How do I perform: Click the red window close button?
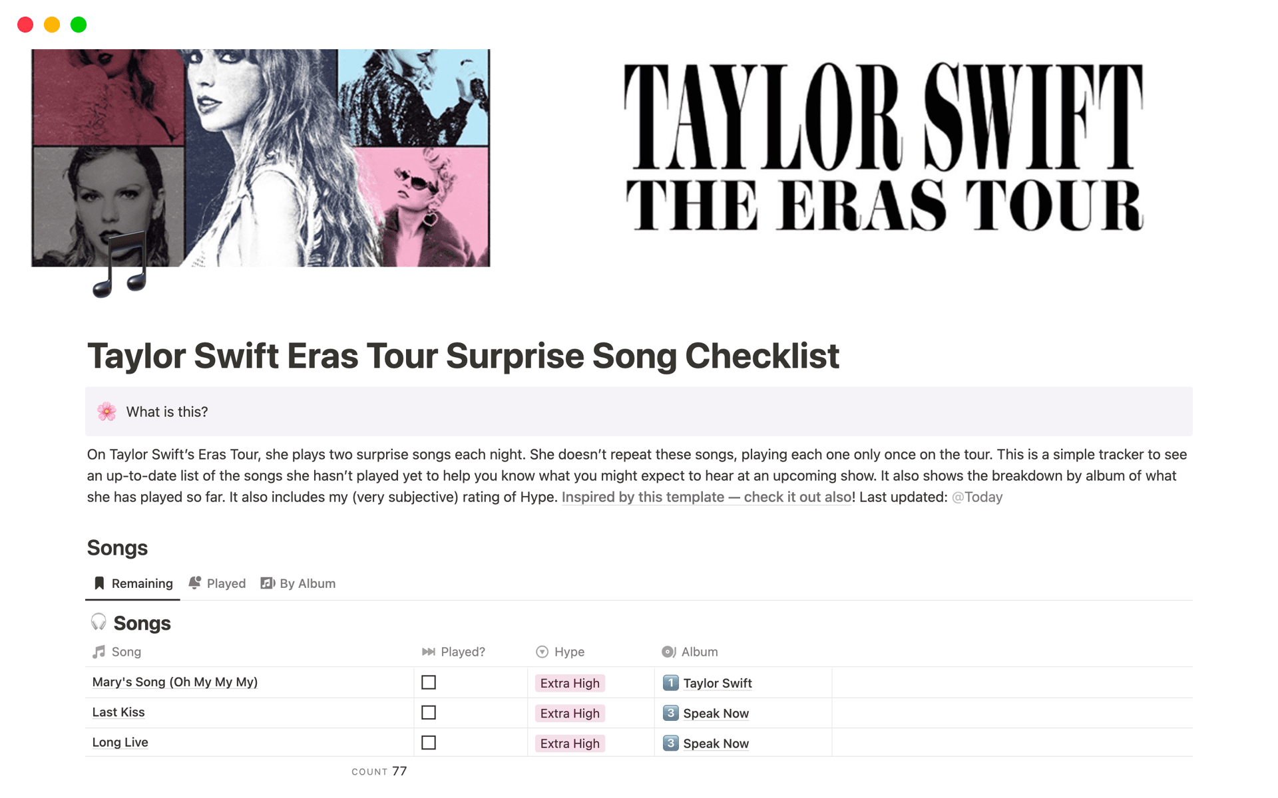click(x=25, y=25)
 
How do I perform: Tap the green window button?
click(x=79, y=25)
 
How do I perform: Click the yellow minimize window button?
click(x=52, y=25)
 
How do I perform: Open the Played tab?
click(x=218, y=583)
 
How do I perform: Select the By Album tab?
click(x=298, y=583)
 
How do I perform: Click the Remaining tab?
click(x=133, y=583)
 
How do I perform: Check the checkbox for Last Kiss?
click(x=429, y=713)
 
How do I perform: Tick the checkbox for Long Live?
click(x=429, y=743)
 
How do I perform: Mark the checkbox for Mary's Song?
click(x=429, y=683)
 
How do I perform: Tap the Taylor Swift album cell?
click(x=717, y=683)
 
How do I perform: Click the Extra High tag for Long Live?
click(x=570, y=743)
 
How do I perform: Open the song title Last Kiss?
click(x=118, y=712)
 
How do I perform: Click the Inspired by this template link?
click(x=706, y=497)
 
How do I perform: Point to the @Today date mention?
click(x=976, y=497)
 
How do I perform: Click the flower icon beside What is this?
click(x=106, y=412)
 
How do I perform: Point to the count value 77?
click(x=399, y=771)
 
